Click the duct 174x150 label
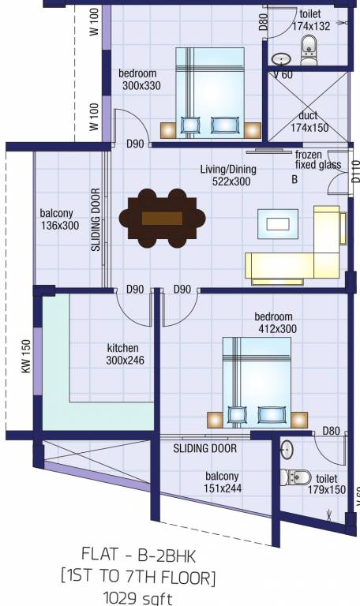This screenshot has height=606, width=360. (309, 121)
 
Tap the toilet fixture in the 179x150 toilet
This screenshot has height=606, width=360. (294, 477)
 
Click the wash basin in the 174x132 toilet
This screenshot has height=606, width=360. (281, 58)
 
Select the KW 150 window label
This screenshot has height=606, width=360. (25, 358)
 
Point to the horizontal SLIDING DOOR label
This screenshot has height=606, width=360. (204, 448)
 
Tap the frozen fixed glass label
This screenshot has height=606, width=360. (318, 159)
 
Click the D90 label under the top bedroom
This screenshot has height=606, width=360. (136, 144)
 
